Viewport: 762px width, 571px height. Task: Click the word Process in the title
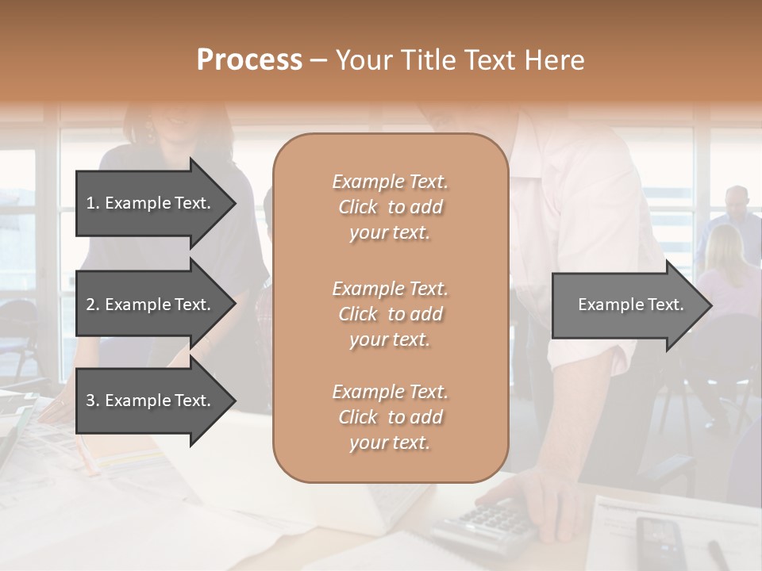point(249,59)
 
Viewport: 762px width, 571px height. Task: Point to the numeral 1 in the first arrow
point(90,203)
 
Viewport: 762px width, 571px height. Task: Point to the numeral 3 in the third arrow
point(90,400)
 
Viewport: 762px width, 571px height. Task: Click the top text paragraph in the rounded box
point(390,207)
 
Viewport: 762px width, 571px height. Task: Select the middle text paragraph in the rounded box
point(390,314)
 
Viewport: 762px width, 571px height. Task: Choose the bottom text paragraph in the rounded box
point(390,417)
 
